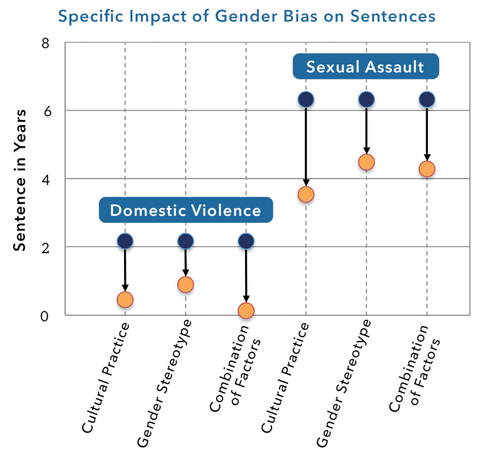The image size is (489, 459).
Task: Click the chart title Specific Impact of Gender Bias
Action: coord(246,16)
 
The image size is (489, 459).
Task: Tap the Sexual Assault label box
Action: coord(365,66)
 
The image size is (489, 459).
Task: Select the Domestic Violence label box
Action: coord(186,210)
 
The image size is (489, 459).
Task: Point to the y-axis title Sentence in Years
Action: coord(20,179)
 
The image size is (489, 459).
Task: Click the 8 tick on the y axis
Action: coord(46,43)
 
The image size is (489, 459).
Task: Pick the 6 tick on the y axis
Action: coord(46,110)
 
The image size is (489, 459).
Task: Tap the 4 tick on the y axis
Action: coord(46,179)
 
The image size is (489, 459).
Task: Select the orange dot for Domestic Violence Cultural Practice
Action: coord(125,300)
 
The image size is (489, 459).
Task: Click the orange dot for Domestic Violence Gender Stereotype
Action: coord(185,285)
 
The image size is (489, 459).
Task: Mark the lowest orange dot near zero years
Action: coord(246,311)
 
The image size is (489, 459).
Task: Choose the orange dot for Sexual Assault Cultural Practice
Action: coord(306,195)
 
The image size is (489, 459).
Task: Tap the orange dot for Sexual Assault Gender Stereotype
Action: coord(366,162)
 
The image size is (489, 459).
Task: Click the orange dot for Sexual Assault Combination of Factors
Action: coord(426,169)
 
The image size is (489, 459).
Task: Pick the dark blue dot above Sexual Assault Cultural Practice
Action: coord(306,99)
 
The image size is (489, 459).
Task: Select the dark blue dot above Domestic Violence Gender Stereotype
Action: coord(185,241)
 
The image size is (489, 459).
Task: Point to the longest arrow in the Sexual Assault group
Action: coord(306,146)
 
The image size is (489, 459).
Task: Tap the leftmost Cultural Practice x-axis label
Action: coord(106,377)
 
